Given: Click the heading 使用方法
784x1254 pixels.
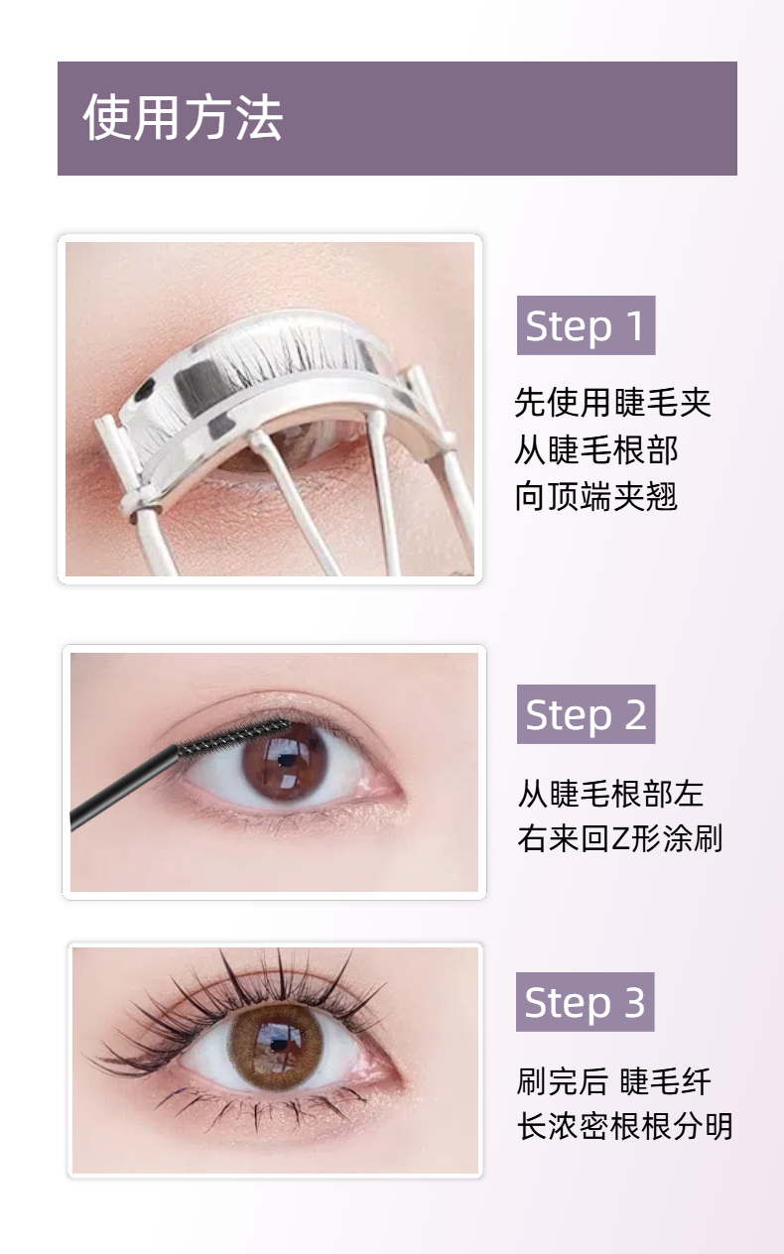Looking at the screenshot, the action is [183, 117].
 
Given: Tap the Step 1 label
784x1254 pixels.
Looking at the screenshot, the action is [586, 325].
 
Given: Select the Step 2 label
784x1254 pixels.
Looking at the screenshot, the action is [586, 714].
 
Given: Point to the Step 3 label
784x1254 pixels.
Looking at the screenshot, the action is [586, 1002].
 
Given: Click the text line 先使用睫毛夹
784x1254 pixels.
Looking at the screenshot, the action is [612, 402].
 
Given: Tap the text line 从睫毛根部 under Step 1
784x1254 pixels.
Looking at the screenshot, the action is [596, 449].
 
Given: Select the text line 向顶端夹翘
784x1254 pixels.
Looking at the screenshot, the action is [596, 496].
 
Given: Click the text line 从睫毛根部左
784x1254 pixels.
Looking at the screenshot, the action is [610, 794].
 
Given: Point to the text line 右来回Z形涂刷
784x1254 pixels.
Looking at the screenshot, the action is [620, 838].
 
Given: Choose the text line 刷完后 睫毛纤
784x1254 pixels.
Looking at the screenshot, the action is [613, 1081].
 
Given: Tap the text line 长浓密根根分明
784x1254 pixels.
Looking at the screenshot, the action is [624, 1126].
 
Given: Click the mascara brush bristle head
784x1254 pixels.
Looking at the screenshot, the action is [234, 735].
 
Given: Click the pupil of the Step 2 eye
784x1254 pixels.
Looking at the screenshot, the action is [287, 760].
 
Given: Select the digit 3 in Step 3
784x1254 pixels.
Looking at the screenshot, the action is [634, 1002].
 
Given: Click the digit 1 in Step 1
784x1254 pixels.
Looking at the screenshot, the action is [635, 325].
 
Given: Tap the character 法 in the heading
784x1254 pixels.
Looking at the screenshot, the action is [259, 117].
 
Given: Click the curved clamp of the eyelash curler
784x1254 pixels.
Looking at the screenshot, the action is [280, 392].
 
